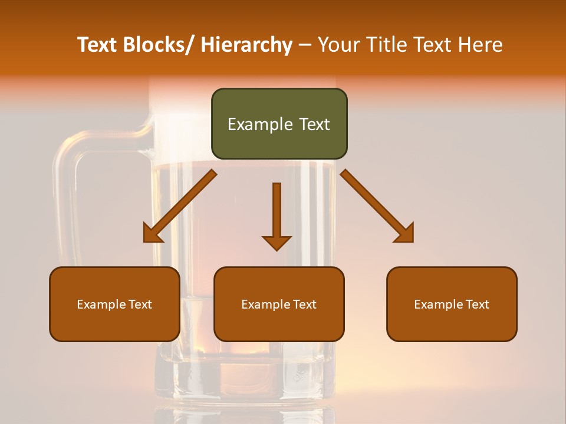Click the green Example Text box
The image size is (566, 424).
click(x=279, y=124)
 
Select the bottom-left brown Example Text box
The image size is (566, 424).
click(x=114, y=304)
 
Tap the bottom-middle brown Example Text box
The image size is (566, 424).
click(x=279, y=304)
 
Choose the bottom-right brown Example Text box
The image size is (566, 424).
click(x=452, y=304)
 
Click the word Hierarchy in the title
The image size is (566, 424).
click(x=246, y=45)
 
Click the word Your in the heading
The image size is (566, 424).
click(x=340, y=45)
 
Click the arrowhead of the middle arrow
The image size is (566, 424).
click(x=277, y=243)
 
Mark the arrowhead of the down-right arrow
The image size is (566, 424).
click(x=405, y=234)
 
